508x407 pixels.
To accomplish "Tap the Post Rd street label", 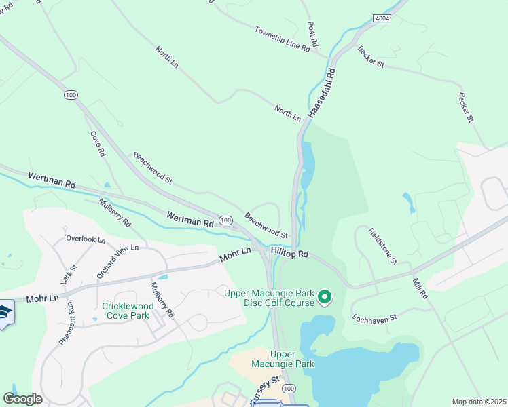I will [x=313, y=37].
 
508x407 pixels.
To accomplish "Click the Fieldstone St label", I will [x=382, y=246].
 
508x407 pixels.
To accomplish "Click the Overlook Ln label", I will [x=86, y=239].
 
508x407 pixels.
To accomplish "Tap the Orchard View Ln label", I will [x=117, y=262].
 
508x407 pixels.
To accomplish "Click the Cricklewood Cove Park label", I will [x=126, y=311].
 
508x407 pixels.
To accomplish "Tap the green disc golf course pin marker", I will [x=325, y=296].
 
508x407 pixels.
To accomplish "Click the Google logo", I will [x=22, y=399].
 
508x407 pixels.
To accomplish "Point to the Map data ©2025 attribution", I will [x=478, y=402].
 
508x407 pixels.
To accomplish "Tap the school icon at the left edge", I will [x=4, y=313].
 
